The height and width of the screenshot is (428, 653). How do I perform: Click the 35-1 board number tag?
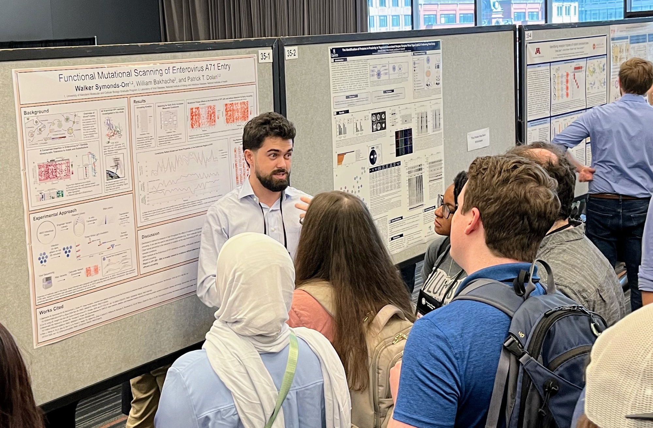pyautogui.click(x=265, y=56)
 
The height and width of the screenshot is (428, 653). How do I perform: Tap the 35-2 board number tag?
pyautogui.click(x=291, y=53)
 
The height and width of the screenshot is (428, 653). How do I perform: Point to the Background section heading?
pyautogui.click(x=36, y=112)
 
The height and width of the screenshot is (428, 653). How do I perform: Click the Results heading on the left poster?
pyautogui.click(x=139, y=101)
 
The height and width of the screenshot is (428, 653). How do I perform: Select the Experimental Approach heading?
pyautogui.click(x=55, y=214)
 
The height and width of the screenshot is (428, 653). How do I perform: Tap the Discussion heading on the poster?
pyautogui.click(x=151, y=234)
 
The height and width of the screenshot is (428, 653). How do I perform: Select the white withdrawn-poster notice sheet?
pyautogui.click(x=478, y=139)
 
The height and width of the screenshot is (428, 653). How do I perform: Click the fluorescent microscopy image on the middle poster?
pyautogui.click(x=404, y=143)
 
